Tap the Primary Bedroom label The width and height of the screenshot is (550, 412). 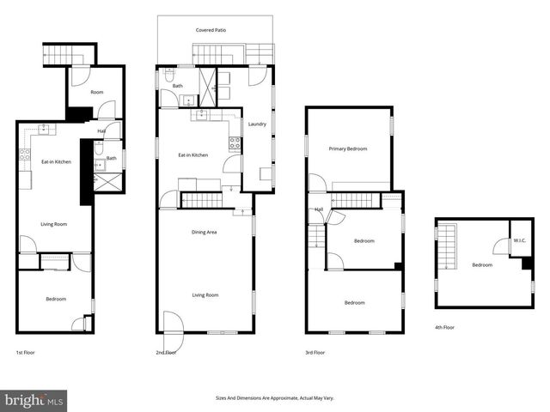point(348,149)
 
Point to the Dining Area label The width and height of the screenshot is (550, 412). point(204,233)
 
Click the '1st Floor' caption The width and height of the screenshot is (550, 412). point(25,353)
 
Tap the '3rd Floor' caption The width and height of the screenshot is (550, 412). point(315,353)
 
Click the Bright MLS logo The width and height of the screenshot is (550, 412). point(34,400)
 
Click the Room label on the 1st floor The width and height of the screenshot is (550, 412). point(97,92)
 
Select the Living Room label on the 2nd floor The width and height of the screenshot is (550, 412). point(205,295)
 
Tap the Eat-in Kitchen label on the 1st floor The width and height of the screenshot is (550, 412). point(56,161)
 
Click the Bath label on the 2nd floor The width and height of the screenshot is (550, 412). point(177,86)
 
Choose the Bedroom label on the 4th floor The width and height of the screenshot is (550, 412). point(481,264)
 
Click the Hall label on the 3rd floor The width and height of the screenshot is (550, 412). point(319,209)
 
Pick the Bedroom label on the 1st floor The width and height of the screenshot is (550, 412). point(55,299)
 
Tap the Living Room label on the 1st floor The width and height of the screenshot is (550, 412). point(54,224)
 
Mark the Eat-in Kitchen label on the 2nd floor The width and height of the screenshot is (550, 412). point(192,154)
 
